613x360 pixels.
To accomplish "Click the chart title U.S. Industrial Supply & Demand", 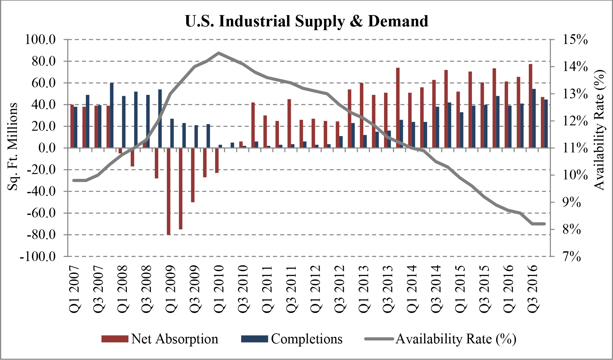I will (x=306, y=21).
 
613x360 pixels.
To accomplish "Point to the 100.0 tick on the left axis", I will (x=41, y=40).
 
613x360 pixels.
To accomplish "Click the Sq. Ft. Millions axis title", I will (x=13, y=146).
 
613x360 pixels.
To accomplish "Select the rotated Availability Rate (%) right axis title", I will (x=599, y=130).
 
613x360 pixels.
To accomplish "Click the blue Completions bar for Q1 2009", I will (x=172, y=133).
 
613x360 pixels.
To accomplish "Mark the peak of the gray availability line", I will (x=219, y=53).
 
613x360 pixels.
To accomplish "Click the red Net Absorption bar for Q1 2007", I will (x=72, y=126).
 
